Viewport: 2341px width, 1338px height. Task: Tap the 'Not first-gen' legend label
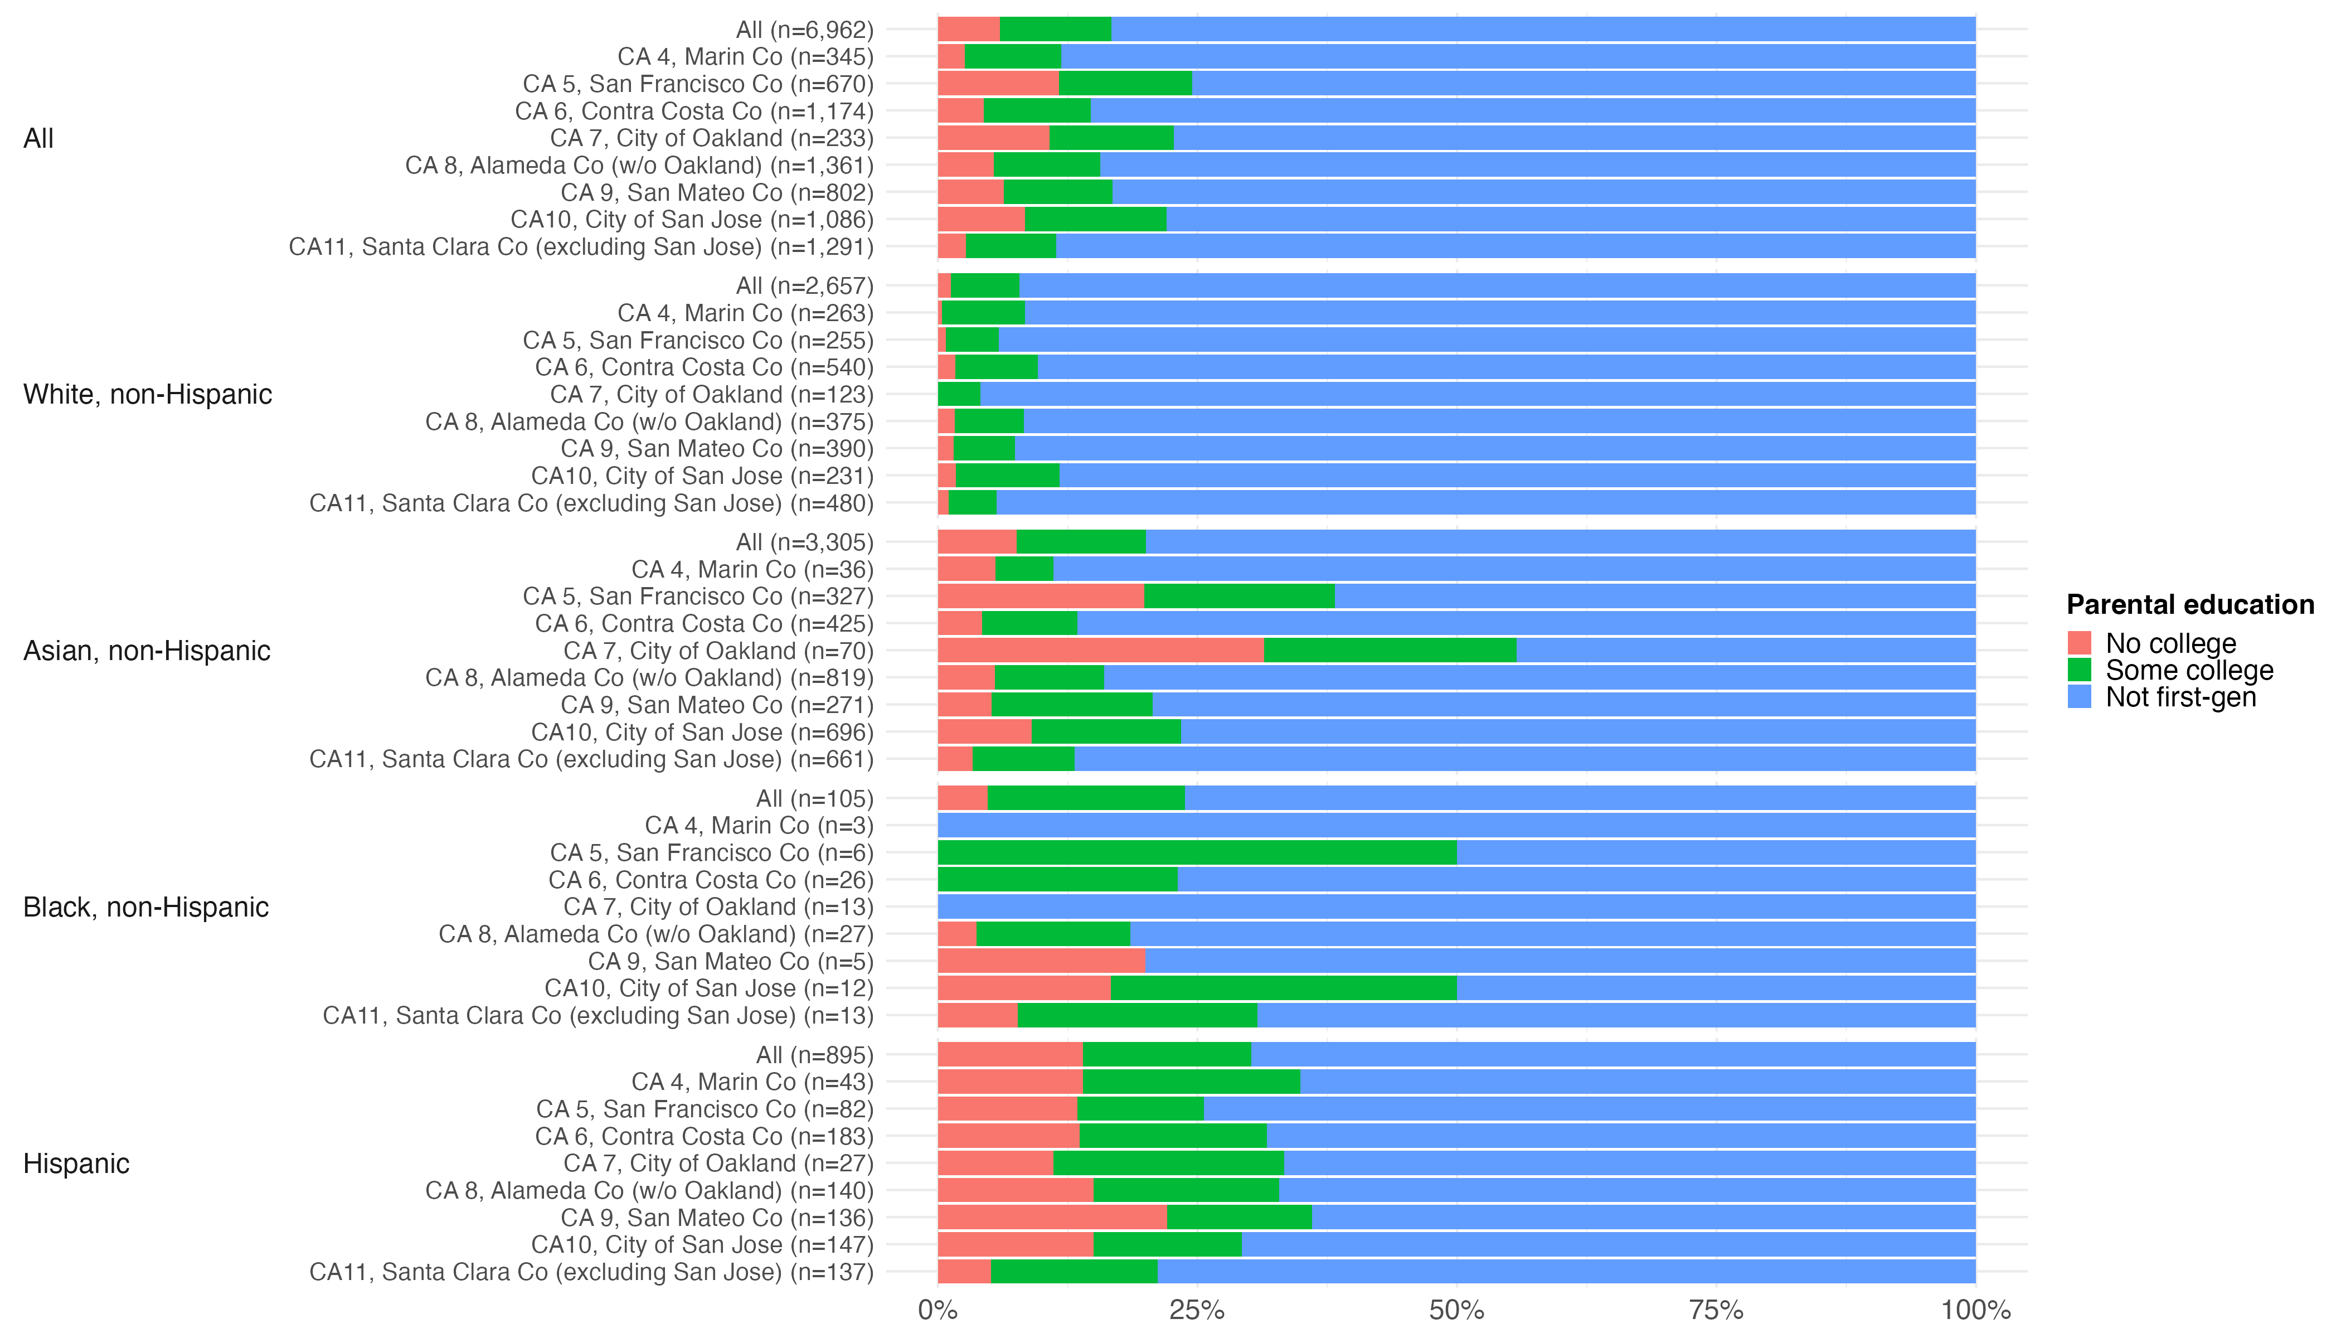coord(2180,697)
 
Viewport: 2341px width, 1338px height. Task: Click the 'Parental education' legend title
coord(2189,605)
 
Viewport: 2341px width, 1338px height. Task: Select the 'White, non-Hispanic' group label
coord(147,394)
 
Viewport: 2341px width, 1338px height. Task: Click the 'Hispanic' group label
coord(76,1164)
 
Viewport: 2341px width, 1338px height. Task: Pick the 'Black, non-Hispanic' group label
coord(145,907)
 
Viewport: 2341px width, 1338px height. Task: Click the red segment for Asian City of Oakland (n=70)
coord(1100,651)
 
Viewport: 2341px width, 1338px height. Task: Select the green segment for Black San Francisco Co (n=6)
coord(1196,853)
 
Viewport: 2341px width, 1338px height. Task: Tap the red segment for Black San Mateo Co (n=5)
coord(1041,961)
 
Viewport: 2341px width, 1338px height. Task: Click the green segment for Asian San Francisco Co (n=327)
coord(1239,597)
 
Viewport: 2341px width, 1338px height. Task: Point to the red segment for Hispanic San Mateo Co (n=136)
coord(1051,1218)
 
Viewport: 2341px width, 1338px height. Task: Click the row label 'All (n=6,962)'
coord(804,30)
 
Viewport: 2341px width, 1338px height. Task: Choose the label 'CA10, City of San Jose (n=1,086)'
coord(691,220)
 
